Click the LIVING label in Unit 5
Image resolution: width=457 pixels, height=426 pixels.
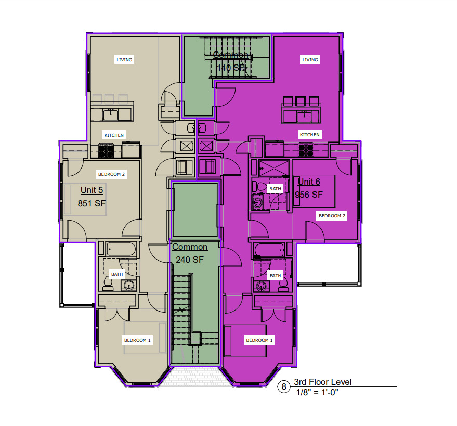pyautogui.click(x=124, y=60)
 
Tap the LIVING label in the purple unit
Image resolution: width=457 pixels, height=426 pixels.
pyautogui.click(x=310, y=60)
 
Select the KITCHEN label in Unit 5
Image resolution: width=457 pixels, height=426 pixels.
pyautogui.click(x=114, y=135)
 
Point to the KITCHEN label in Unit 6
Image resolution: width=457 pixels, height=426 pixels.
pyautogui.click(x=309, y=135)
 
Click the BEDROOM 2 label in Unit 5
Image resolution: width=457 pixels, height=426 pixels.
pyautogui.click(x=111, y=174)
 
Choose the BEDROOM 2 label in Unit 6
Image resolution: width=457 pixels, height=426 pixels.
pyautogui.click(x=332, y=215)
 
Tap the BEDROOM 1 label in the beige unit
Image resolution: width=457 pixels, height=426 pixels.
pyautogui.click(x=137, y=340)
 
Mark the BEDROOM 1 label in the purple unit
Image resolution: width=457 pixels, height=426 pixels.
pyautogui.click(x=259, y=340)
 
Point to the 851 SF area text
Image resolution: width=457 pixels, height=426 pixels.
pyautogui.click(x=92, y=203)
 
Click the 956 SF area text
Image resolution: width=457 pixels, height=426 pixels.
pyautogui.click(x=309, y=195)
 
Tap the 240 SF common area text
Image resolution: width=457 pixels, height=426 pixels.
pyautogui.click(x=189, y=260)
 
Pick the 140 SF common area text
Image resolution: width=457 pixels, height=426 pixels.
pyautogui.click(x=231, y=68)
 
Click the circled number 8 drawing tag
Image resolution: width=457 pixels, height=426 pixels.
pyautogui.click(x=284, y=386)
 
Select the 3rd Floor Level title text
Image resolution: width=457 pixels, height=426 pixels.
pyautogui.click(x=322, y=382)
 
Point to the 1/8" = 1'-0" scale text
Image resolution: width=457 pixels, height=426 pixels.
pyautogui.click(x=317, y=393)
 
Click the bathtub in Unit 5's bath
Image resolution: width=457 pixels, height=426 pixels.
pyautogui.click(x=121, y=249)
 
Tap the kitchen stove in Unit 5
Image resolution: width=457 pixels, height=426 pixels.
pyautogui.click(x=107, y=151)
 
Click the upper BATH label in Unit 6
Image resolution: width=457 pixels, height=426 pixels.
pyautogui.click(x=275, y=189)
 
